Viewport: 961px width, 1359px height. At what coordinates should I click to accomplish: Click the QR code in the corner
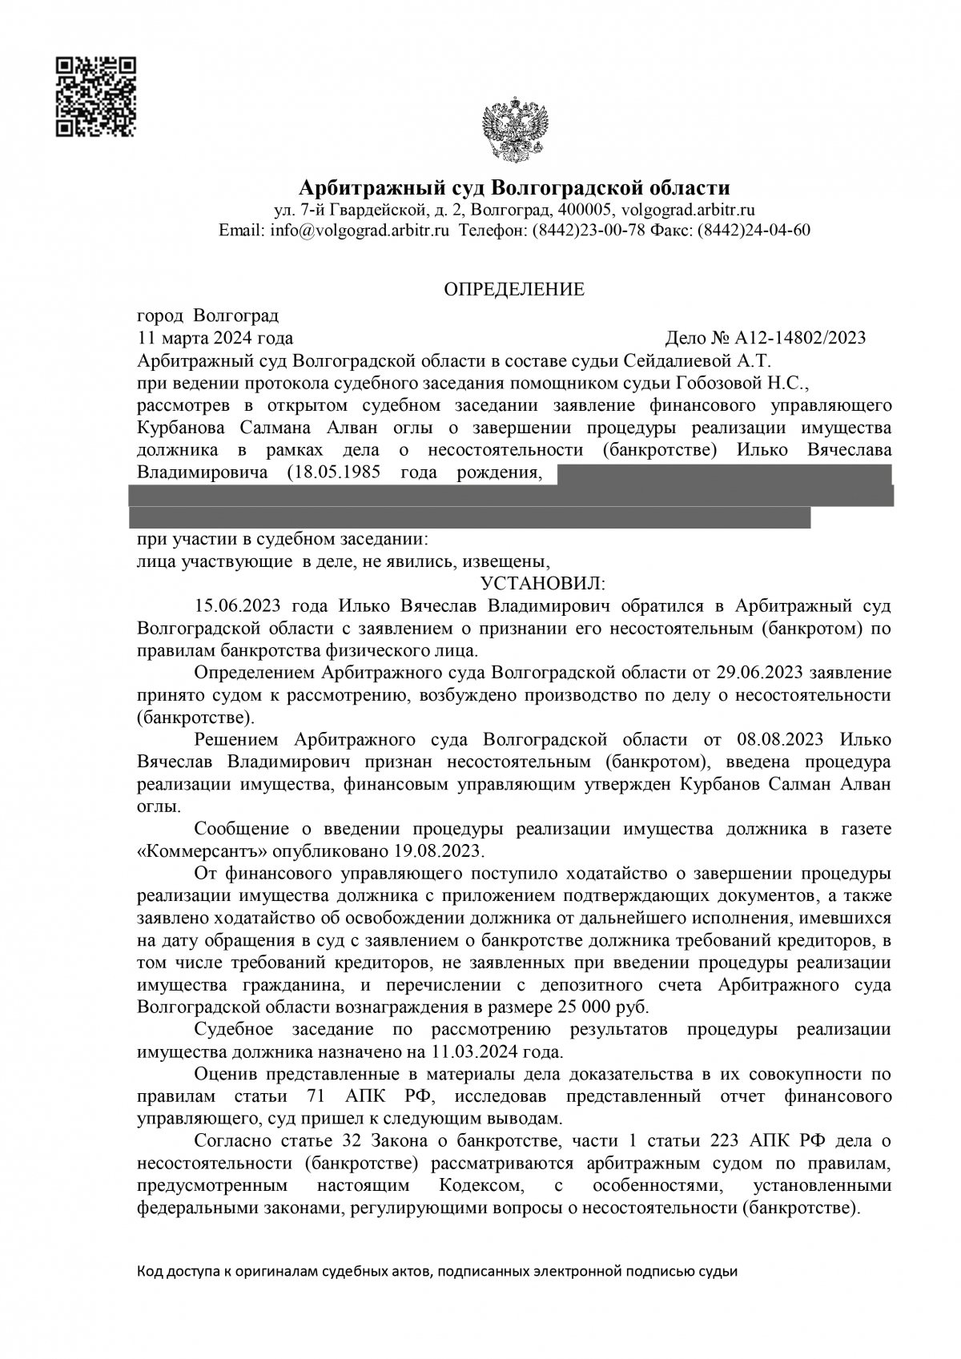coord(95,97)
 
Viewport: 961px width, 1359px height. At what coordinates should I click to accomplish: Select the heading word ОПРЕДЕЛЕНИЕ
coord(514,289)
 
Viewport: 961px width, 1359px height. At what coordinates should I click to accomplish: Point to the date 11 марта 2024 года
coord(215,338)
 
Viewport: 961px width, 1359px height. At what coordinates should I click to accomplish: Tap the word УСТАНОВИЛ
coord(543,581)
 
